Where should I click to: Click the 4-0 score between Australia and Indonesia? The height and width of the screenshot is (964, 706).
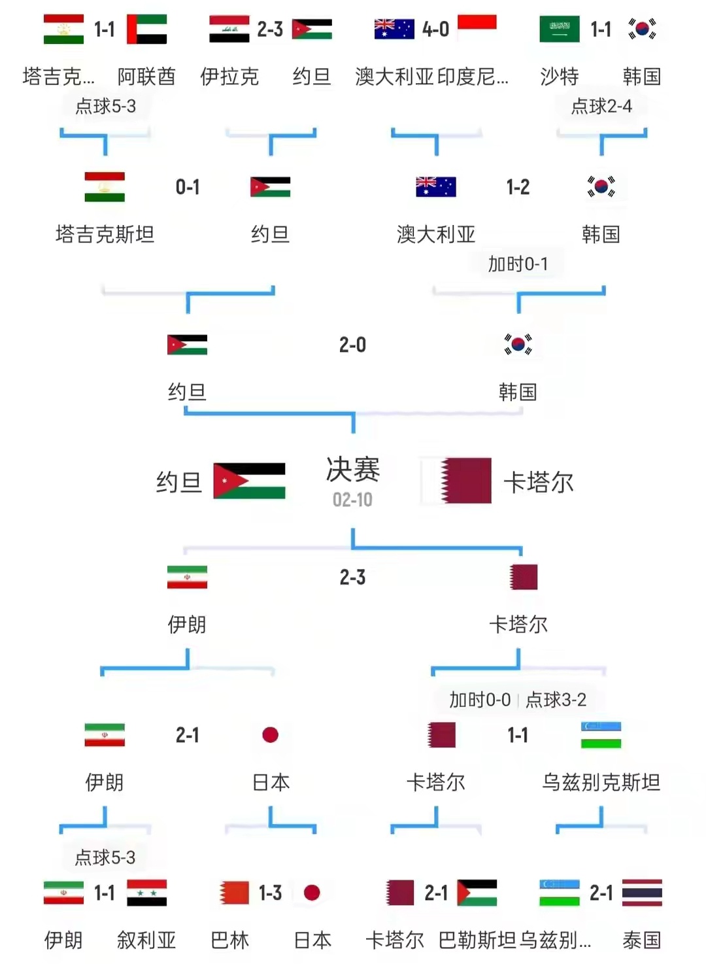(x=435, y=29)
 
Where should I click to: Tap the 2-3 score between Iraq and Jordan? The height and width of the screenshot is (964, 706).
(x=270, y=29)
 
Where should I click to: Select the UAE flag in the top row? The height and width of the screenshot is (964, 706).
(x=146, y=29)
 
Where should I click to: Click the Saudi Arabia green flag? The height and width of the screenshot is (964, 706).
(x=560, y=29)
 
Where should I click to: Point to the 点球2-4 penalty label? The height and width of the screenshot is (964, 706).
(x=601, y=107)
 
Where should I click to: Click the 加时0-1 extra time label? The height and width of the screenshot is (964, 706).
(x=518, y=264)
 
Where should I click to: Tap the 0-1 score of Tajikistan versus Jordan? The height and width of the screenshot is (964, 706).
(x=188, y=187)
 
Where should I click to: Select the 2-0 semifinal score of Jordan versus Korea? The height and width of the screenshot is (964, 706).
(x=352, y=345)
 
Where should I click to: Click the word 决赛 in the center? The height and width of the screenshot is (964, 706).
(x=353, y=470)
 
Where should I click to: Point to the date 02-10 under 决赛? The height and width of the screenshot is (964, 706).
(x=352, y=500)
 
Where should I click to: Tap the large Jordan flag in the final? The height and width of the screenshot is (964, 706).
(x=249, y=481)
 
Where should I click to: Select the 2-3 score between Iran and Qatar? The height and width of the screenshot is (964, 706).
(x=352, y=577)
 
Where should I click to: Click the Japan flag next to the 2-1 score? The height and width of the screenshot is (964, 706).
(x=270, y=734)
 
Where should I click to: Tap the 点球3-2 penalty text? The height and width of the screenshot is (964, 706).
(x=556, y=700)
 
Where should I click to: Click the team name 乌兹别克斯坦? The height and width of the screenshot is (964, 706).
(x=601, y=782)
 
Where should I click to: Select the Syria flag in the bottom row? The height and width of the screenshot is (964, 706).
(x=146, y=893)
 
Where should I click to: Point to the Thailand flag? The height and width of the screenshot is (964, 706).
(x=642, y=893)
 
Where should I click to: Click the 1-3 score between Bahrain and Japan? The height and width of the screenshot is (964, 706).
(x=270, y=893)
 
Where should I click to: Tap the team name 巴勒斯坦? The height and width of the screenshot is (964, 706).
(x=477, y=940)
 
